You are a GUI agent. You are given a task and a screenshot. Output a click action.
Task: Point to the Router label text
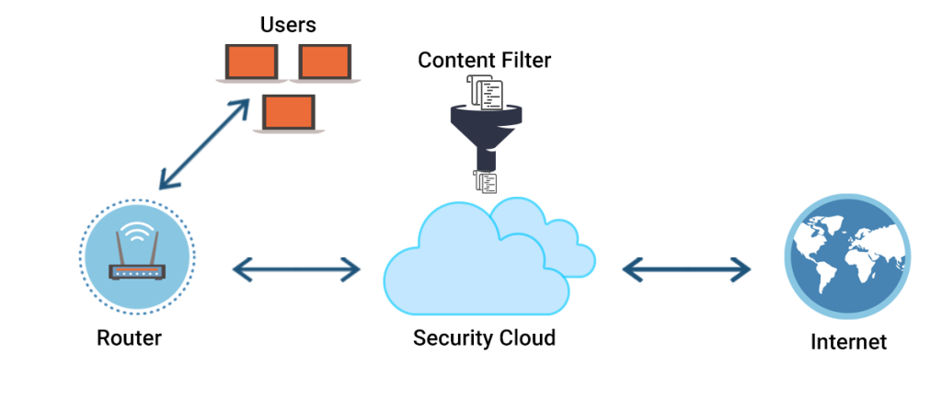tap(129, 338)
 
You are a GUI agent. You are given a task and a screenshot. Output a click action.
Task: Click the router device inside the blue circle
tap(136, 271)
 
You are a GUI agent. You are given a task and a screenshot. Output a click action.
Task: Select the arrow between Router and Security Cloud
tap(296, 269)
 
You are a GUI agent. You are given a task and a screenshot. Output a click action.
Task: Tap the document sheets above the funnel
tap(485, 92)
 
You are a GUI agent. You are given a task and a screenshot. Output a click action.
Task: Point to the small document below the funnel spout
tap(485, 181)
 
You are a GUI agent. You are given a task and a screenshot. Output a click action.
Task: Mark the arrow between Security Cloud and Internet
tap(686, 269)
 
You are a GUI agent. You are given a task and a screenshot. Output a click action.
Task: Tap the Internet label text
tap(848, 343)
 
